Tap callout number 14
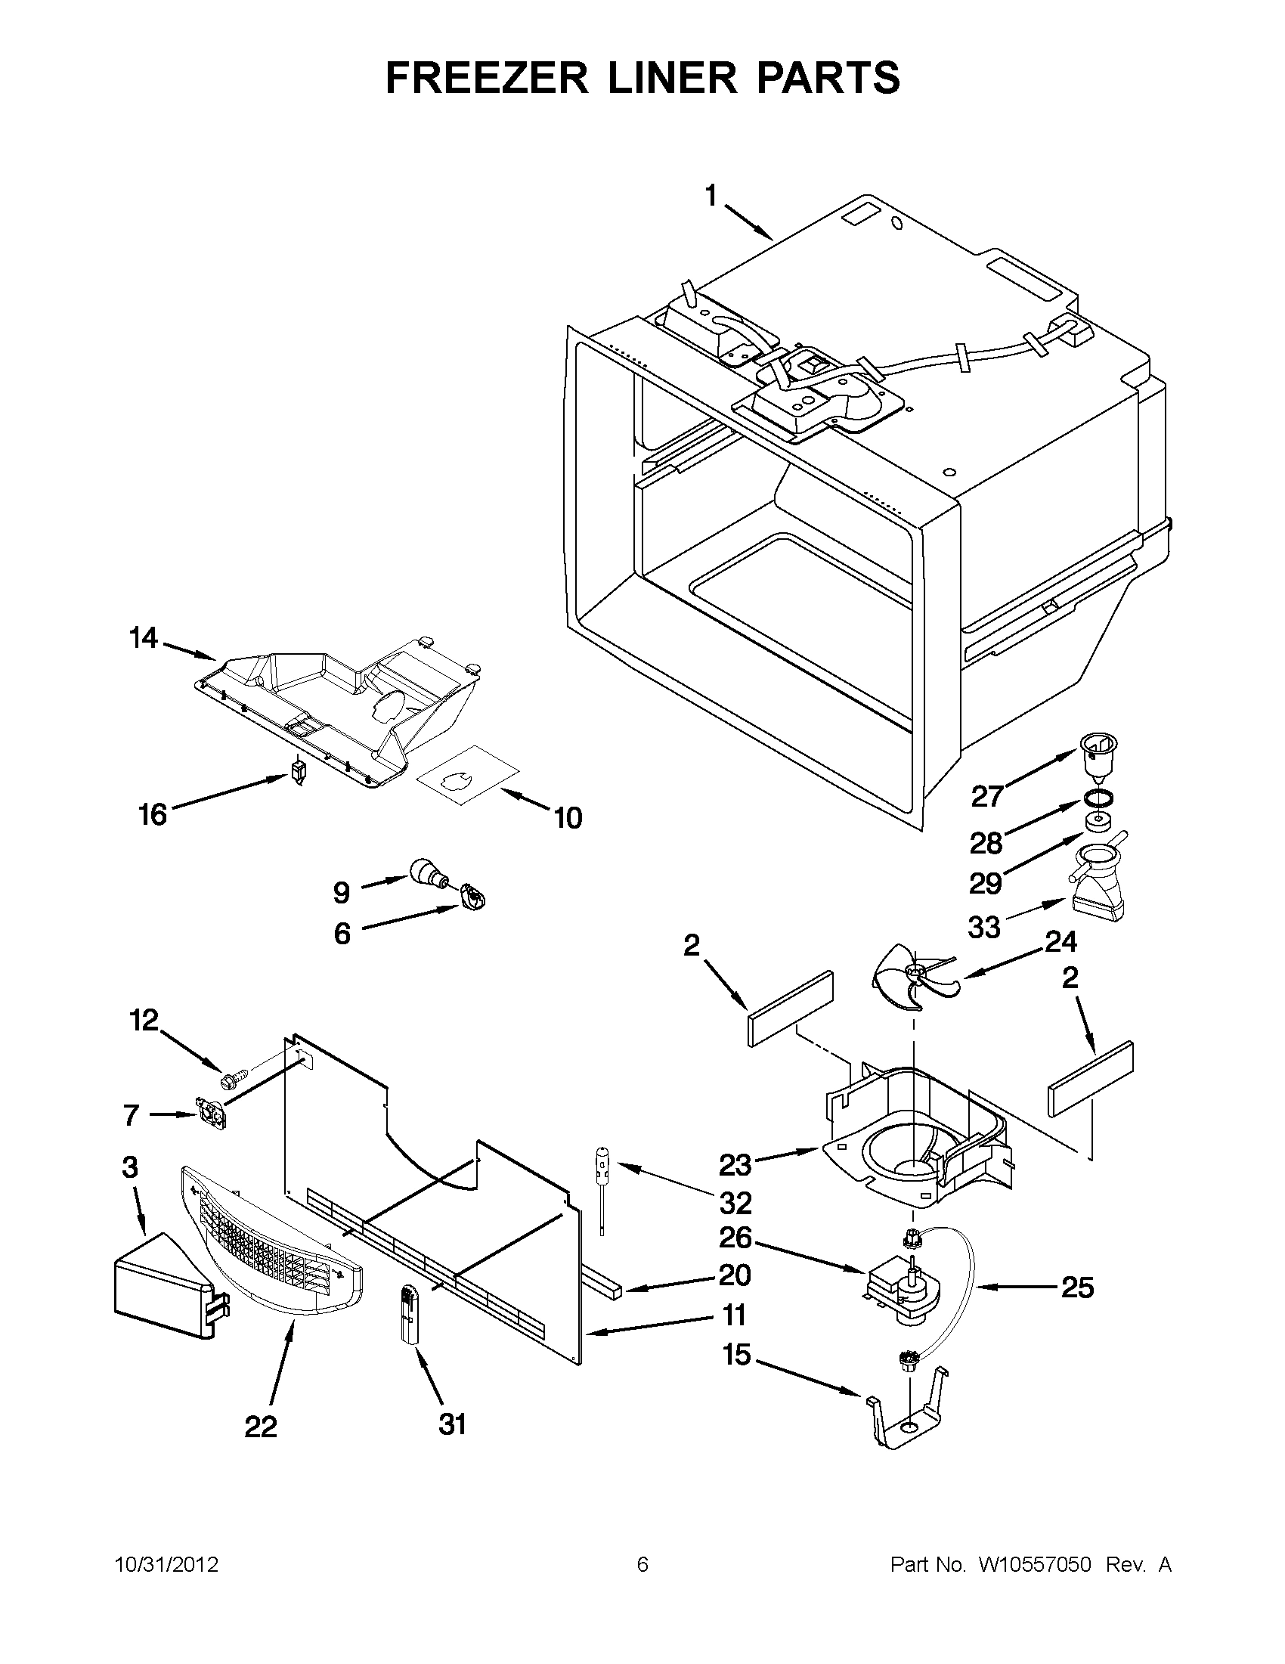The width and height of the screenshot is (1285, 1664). tap(143, 639)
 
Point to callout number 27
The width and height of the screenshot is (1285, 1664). tap(987, 797)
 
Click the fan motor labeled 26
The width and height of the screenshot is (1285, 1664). tap(903, 1290)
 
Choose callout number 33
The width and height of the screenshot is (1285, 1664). tap(984, 927)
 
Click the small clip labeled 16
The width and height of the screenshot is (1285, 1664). tap(299, 772)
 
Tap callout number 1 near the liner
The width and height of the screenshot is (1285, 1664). tap(711, 197)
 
